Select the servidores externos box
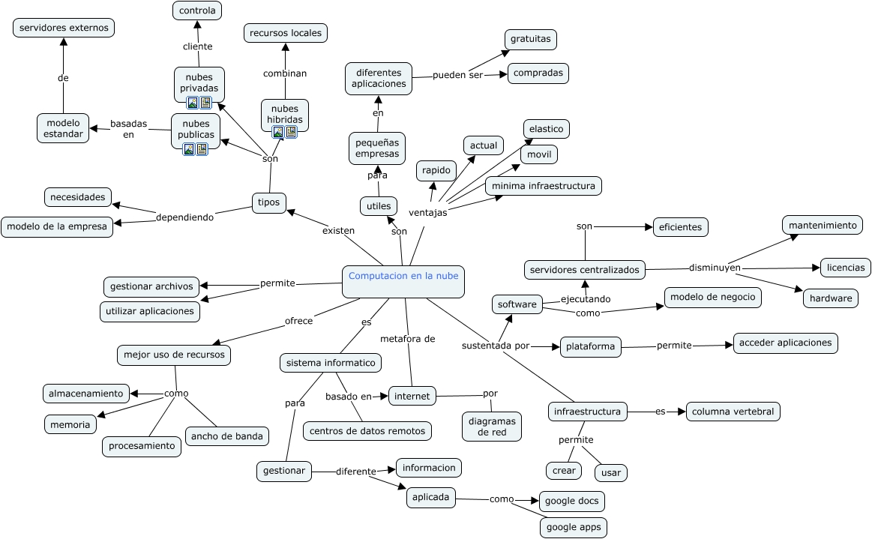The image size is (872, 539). (x=64, y=28)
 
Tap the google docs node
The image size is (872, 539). (x=571, y=501)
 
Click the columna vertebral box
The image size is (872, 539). (x=733, y=412)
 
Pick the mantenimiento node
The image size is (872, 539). (x=822, y=225)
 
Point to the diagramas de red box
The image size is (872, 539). (x=492, y=426)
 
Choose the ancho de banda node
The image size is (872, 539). (x=226, y=436)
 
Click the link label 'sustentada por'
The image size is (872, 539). (x=495, y=346)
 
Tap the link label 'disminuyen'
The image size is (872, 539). (x=714, y=267)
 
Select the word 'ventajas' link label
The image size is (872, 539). (x=427, y=212)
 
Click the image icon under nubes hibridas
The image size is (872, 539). (x=278, y=132)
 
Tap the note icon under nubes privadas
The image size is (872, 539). (x=205, y=103)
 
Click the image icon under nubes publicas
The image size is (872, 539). (x=189, y=149)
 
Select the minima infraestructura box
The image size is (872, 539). (x=543, y=185)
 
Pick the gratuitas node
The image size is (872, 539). (x=530, y=39)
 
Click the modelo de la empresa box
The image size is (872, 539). (x=57, y=226)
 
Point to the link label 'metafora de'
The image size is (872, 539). (x=407, y=339)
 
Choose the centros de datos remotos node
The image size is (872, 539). (x=367, y=430)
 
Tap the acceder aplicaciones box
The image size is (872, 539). (x=785, y=343)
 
